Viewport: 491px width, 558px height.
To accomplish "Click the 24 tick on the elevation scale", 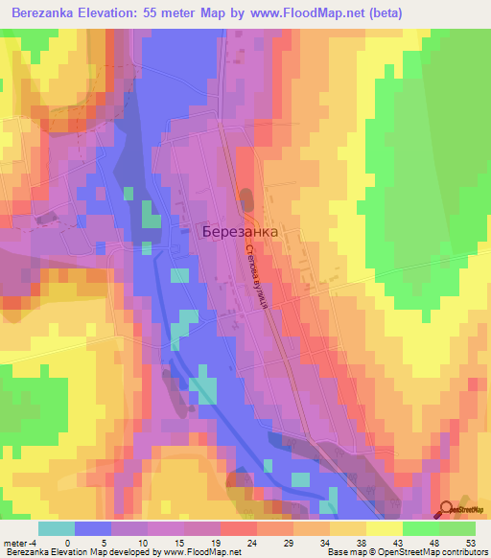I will coord(225,542).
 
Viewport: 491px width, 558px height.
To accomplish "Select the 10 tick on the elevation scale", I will coord(153,542).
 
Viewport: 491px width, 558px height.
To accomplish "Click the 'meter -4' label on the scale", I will coord(20,542).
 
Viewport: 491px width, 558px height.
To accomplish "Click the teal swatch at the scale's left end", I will coord(57,528).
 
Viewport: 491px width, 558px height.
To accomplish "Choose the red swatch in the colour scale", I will coord(239,528).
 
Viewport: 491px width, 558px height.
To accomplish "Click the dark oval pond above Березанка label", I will coord(246,201).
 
